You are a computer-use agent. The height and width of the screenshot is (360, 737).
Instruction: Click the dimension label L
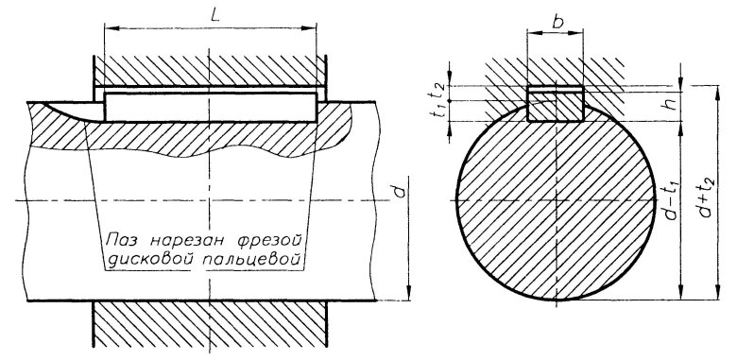pyautogui.click(x=215, y=14)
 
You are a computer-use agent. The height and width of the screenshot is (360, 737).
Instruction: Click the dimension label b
pyautogui.click(x=557, y=21)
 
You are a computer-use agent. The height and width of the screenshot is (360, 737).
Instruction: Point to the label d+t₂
pyautogui.click(x=707, y=197)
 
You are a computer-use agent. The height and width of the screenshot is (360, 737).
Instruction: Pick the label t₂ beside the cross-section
pyautogui.click(x=437, y=93)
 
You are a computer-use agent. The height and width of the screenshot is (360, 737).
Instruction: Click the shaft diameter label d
pyautogui.click(x=399, y=191)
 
